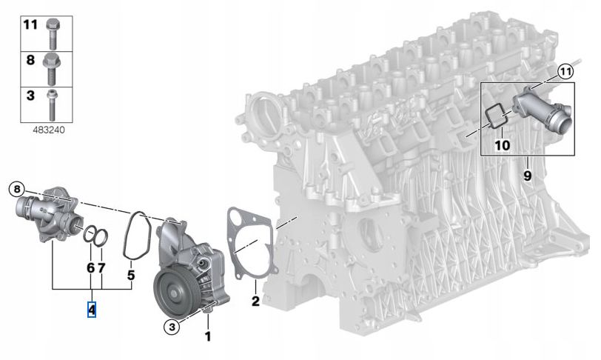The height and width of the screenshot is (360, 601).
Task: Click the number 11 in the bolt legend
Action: point(30,24)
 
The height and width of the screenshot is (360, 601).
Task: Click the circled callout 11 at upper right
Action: point(566,72)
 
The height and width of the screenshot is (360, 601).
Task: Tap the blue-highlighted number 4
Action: point(92,309)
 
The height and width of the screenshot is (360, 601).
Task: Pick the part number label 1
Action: point(208,337)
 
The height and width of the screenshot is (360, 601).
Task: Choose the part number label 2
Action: point(255,301)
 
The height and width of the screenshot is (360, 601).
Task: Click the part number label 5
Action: point(131,275)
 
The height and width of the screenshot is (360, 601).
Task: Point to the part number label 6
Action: point(90,267)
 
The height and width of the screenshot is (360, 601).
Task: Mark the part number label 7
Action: point(102,267)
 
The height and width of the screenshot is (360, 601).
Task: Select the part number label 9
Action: point(528,176)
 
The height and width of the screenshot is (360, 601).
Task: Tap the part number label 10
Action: point(502,145)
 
